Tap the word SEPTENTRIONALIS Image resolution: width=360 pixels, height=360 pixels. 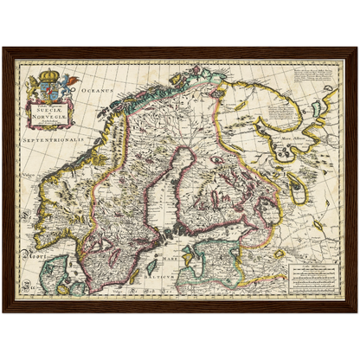tap(54, 138)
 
